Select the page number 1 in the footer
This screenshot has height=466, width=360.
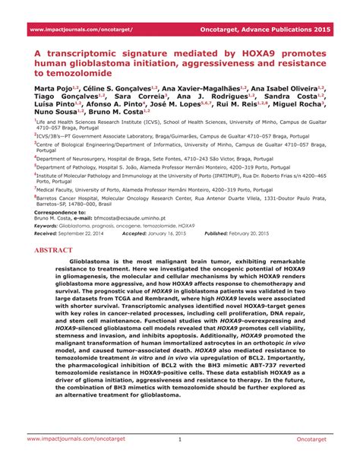click(180, 439)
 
